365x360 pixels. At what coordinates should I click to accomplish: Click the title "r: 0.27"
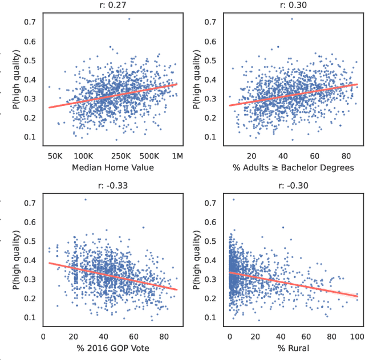point(113,5)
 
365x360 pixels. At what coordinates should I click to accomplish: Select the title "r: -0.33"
point(113,185)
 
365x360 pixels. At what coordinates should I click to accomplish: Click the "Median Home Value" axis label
point(113,167)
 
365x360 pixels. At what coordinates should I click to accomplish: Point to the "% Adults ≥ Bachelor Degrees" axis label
point(293,167)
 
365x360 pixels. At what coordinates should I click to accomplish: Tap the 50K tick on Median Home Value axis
point(55,156)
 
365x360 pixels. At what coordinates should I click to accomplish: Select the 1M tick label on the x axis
point(177,156)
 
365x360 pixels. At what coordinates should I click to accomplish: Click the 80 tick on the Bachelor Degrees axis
point(346,156)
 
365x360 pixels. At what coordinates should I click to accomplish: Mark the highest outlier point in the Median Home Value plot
point(129,19)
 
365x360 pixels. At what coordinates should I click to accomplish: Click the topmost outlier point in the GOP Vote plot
point(86,199)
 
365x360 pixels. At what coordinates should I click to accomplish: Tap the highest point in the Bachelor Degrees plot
point(292,19)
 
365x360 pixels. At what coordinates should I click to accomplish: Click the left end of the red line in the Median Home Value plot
point(50,107)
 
